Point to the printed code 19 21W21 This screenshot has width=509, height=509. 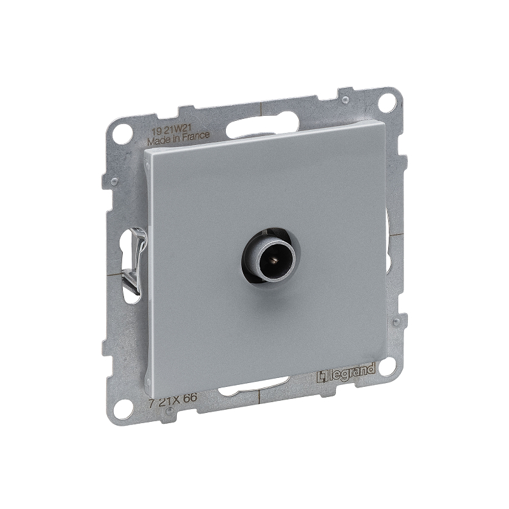[x=167, y=130]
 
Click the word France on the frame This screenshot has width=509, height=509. [x=195, y=136]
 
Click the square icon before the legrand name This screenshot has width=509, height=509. [x=321, y=377]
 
